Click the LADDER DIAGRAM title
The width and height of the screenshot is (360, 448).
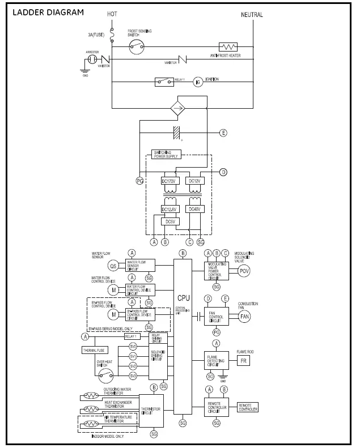(x=48, y=12)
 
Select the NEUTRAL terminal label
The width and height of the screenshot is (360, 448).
(x=252, y=15)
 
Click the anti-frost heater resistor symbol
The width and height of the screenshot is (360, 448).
(x=228, y=47)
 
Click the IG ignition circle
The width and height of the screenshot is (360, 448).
(x=198, y=82)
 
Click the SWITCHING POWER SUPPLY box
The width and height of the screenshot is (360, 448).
(x=166, y=155)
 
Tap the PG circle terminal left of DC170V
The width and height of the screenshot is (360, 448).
(x=139, y=181)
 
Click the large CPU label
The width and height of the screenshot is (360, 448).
(x=183, y=297)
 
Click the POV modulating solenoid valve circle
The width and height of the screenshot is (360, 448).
(x=244, y=271)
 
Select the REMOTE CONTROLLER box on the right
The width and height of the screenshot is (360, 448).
(x=248, y=407)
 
